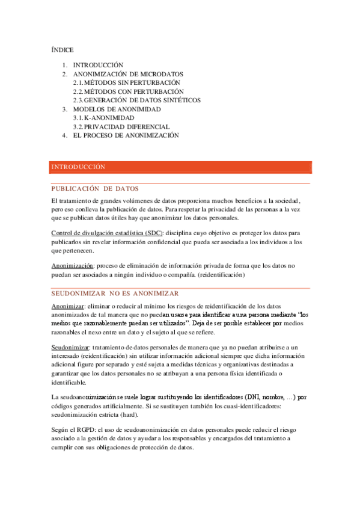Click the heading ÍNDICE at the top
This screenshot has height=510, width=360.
click(63, 50)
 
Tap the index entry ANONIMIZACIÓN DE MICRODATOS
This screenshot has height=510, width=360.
click(120, 73)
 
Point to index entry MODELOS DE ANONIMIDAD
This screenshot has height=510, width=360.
click(117, 109)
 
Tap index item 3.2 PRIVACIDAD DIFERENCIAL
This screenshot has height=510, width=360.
click(121, 127)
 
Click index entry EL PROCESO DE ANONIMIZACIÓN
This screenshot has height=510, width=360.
click(126, 136)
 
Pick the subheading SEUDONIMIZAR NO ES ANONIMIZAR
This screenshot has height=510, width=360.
click(115, 293)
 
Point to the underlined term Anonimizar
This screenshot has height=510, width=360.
click(68, 307)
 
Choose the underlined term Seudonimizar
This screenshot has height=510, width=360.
click(70, 348)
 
